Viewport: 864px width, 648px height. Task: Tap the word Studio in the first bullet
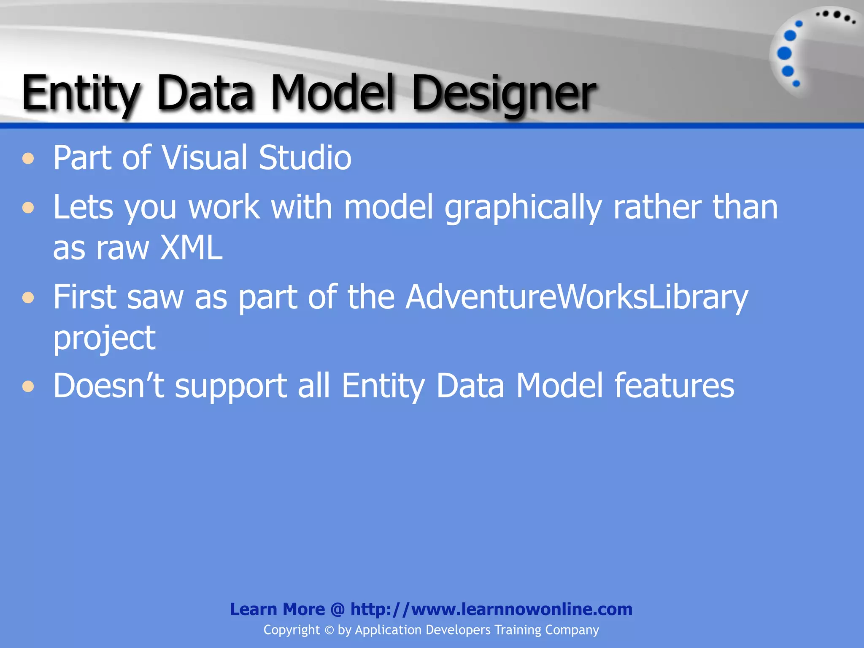coord(305,158)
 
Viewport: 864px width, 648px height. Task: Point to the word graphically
coord(523,208)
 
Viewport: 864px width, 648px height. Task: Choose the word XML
coord(191,248)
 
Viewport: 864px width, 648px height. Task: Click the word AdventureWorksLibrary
coord(576,297)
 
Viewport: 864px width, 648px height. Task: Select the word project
coord(104,338)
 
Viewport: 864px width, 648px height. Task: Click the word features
coord(674,386)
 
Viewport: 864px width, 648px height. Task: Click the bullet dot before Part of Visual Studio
coord(28,159)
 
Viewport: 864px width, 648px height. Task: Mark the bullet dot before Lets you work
coord(28,208)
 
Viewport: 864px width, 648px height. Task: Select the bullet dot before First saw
coord(28,298)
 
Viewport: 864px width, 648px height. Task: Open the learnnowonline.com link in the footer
coord(491,609)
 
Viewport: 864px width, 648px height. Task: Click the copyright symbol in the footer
coord(329,630)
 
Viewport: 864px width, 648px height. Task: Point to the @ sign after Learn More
coord(337,610)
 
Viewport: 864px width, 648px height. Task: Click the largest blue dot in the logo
coord(784,54)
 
